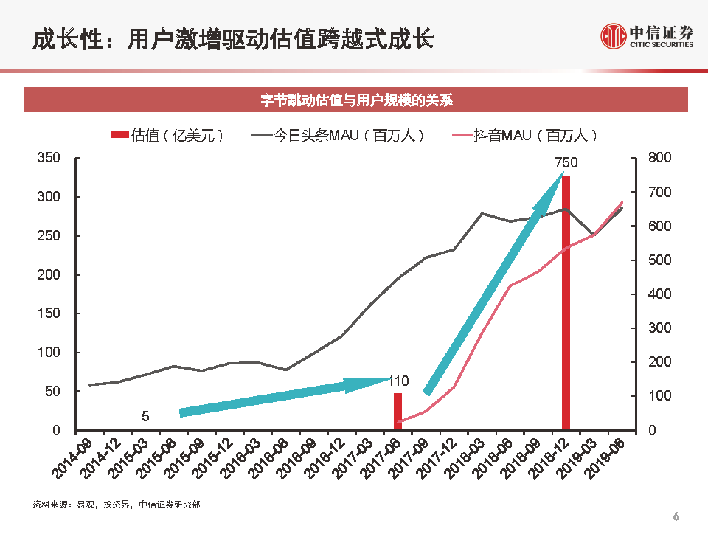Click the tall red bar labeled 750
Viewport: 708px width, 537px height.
click(x=566, y=302)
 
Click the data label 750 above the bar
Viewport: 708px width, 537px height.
click(x=566, y=163)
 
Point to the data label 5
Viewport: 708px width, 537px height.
click(x=145, y=417)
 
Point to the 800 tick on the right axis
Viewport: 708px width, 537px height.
click(x=659, y=159)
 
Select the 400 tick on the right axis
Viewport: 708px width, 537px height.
click(x=659, y=294)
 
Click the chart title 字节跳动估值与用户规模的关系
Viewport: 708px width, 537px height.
click(x=356, y=100)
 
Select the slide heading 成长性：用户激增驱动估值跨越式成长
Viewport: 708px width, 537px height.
click(x=232, y=38)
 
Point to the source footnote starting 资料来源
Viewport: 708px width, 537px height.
click(x=116, y=505)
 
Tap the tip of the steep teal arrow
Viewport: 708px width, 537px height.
click(x=563, y=173)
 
